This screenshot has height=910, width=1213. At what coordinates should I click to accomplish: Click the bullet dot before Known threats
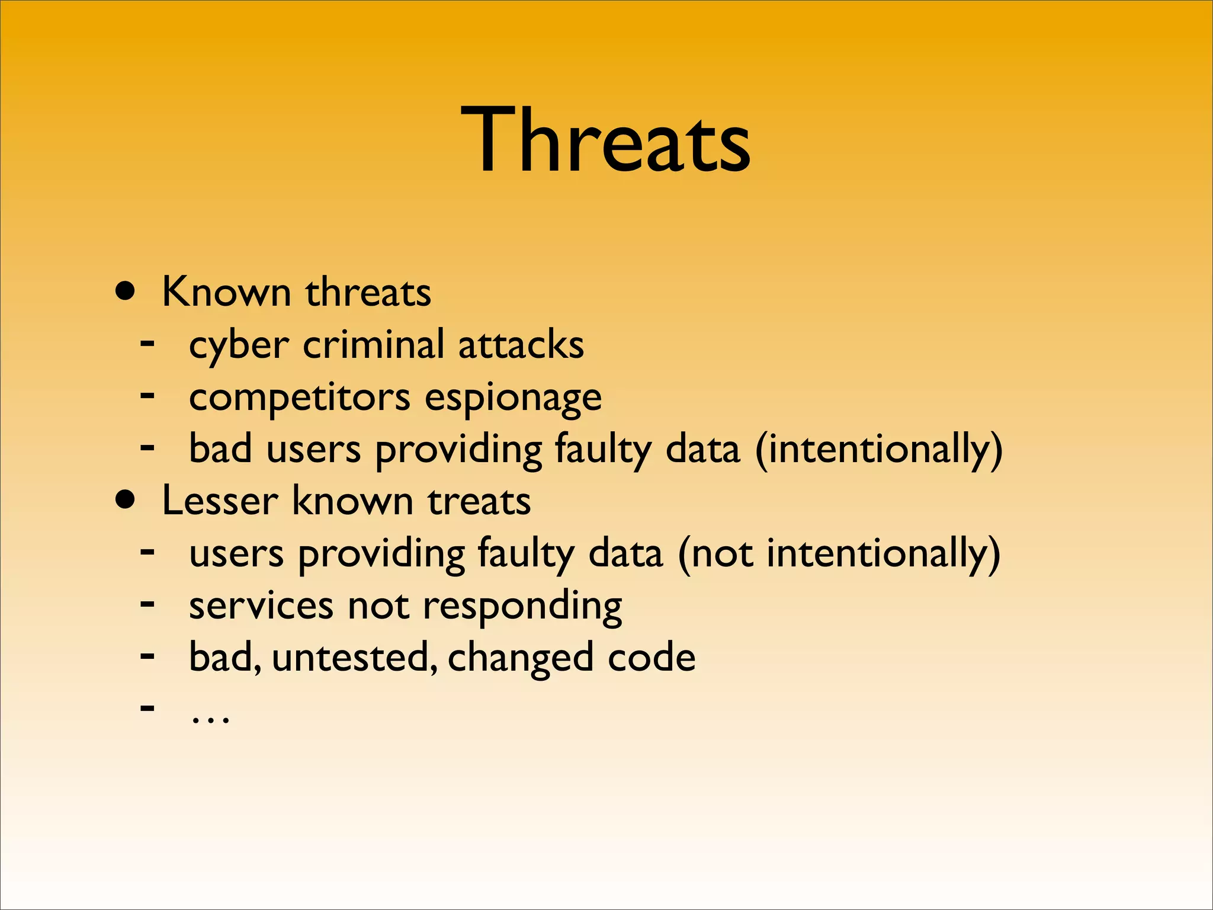click(x=126, y=291)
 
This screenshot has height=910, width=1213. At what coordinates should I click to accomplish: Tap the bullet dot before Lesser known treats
click(x=126, y=500)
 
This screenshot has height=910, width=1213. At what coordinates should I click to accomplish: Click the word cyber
click(x=239, y=345)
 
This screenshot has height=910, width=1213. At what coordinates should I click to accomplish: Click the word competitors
click(x=299, y=398)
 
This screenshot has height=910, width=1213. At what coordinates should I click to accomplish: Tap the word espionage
click(x=513, y=398)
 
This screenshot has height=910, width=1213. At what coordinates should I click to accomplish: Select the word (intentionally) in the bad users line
click(x=879, y=449)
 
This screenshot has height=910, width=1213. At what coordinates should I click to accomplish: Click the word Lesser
click(x=220, y=501)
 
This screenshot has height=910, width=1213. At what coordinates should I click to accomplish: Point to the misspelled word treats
click(x=479, y=501)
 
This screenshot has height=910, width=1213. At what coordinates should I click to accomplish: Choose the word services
click(x=261, y=606)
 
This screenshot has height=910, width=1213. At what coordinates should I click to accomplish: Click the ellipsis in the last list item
click(x=210, y=718)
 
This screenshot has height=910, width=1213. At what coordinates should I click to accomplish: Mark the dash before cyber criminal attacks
click(x=147, y=342)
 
